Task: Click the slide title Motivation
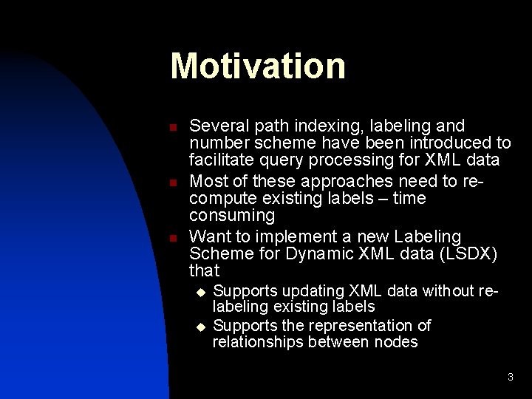coord(257,66)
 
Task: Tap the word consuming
coord(232,216)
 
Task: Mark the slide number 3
coord(510,378)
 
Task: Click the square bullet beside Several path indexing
coord(172,128)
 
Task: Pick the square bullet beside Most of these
coord(172,183)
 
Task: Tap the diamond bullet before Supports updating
coord(199,292)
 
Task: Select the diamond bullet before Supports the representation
coord(199,326)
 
